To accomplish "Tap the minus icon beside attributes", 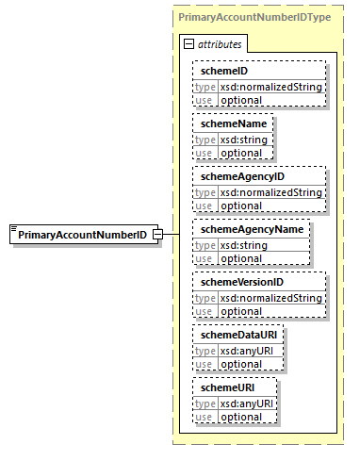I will coord(188,43).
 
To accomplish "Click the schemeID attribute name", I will coord(221,71).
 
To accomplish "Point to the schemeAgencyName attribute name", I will coord(250,229).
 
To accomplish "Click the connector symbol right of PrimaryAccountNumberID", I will coord(159,234).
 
